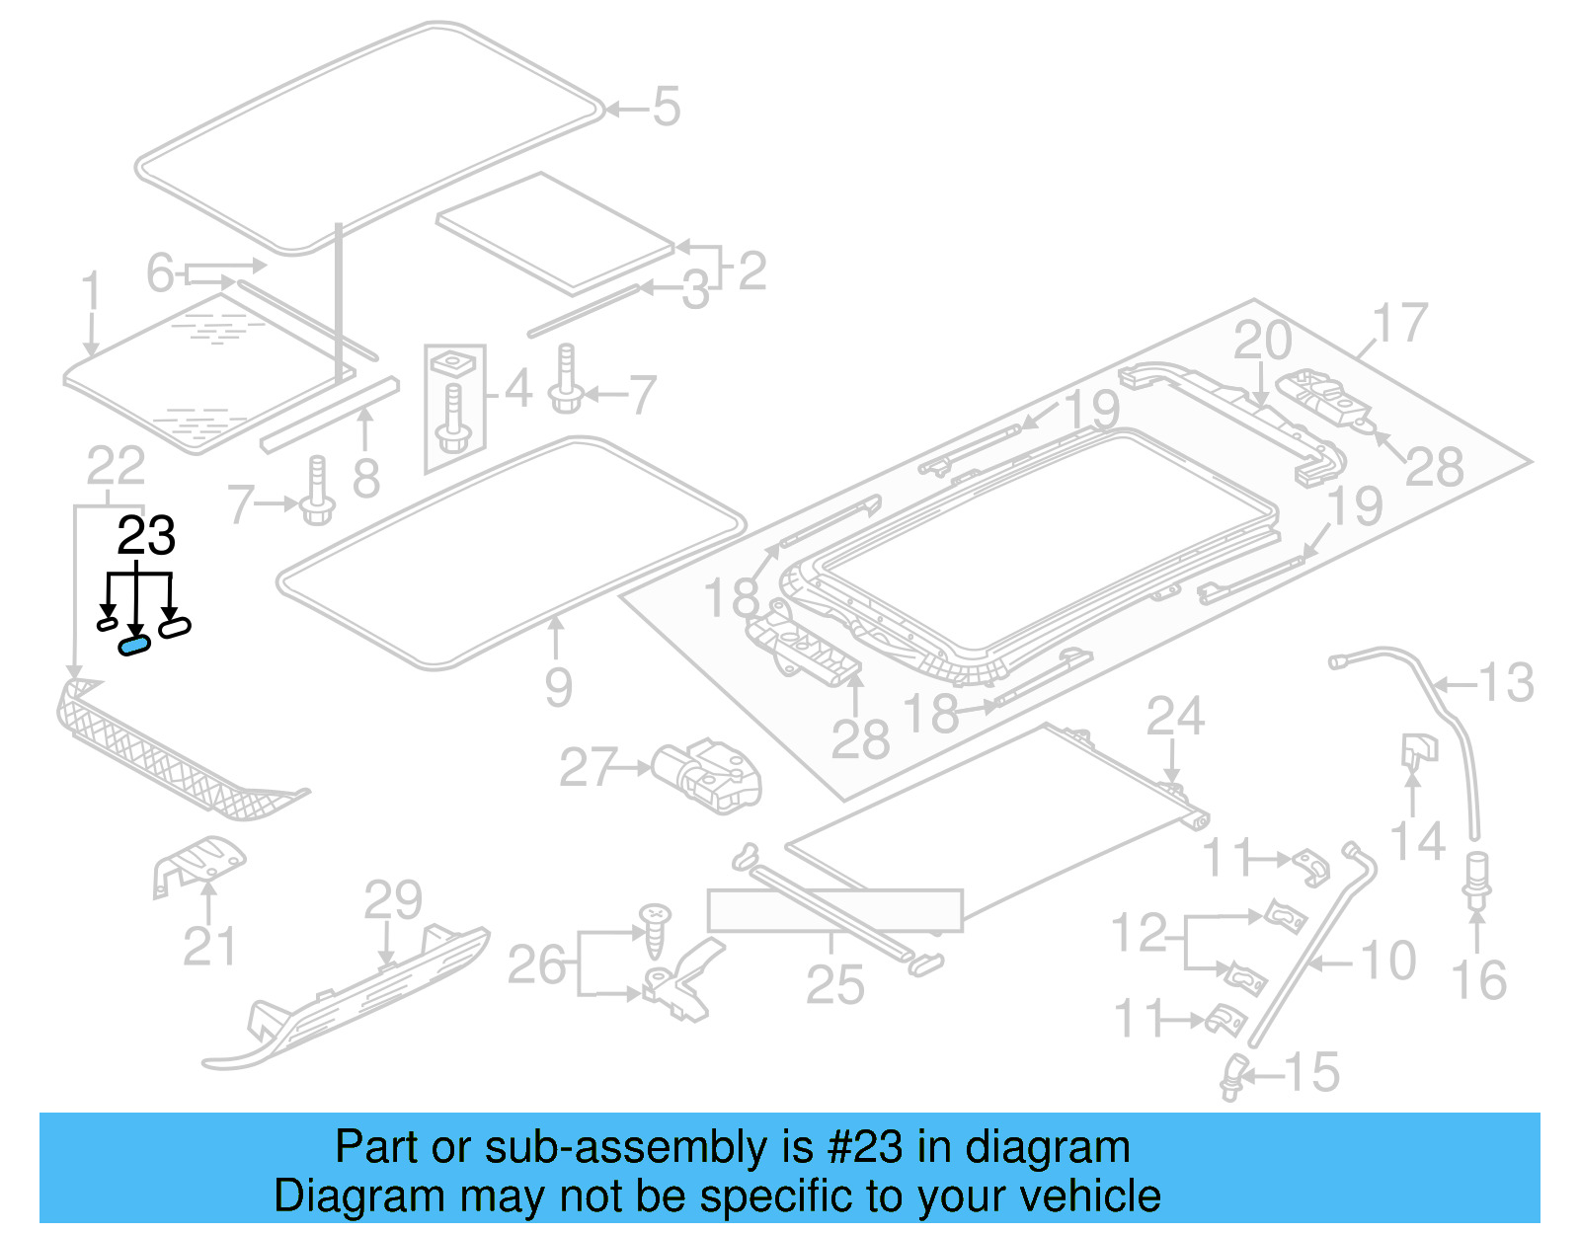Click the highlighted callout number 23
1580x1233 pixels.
[146, 536]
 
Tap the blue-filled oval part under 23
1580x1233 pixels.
[134, 645]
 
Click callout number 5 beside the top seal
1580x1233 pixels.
[667, 107]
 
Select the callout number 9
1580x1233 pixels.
[558, 686]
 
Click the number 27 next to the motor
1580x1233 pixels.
[589, 767]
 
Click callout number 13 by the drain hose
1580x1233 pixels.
[1507, 683]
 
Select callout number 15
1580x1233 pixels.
[1312, 1072]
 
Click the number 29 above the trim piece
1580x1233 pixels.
[393, 900]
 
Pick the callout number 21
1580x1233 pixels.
[209, 947]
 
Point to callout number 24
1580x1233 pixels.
[1175, 717]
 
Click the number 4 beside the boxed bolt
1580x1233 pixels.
[518, 388]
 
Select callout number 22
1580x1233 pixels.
[116, 466]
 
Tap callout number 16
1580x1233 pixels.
[1478, 980]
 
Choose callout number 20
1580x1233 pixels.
[1262, 342]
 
